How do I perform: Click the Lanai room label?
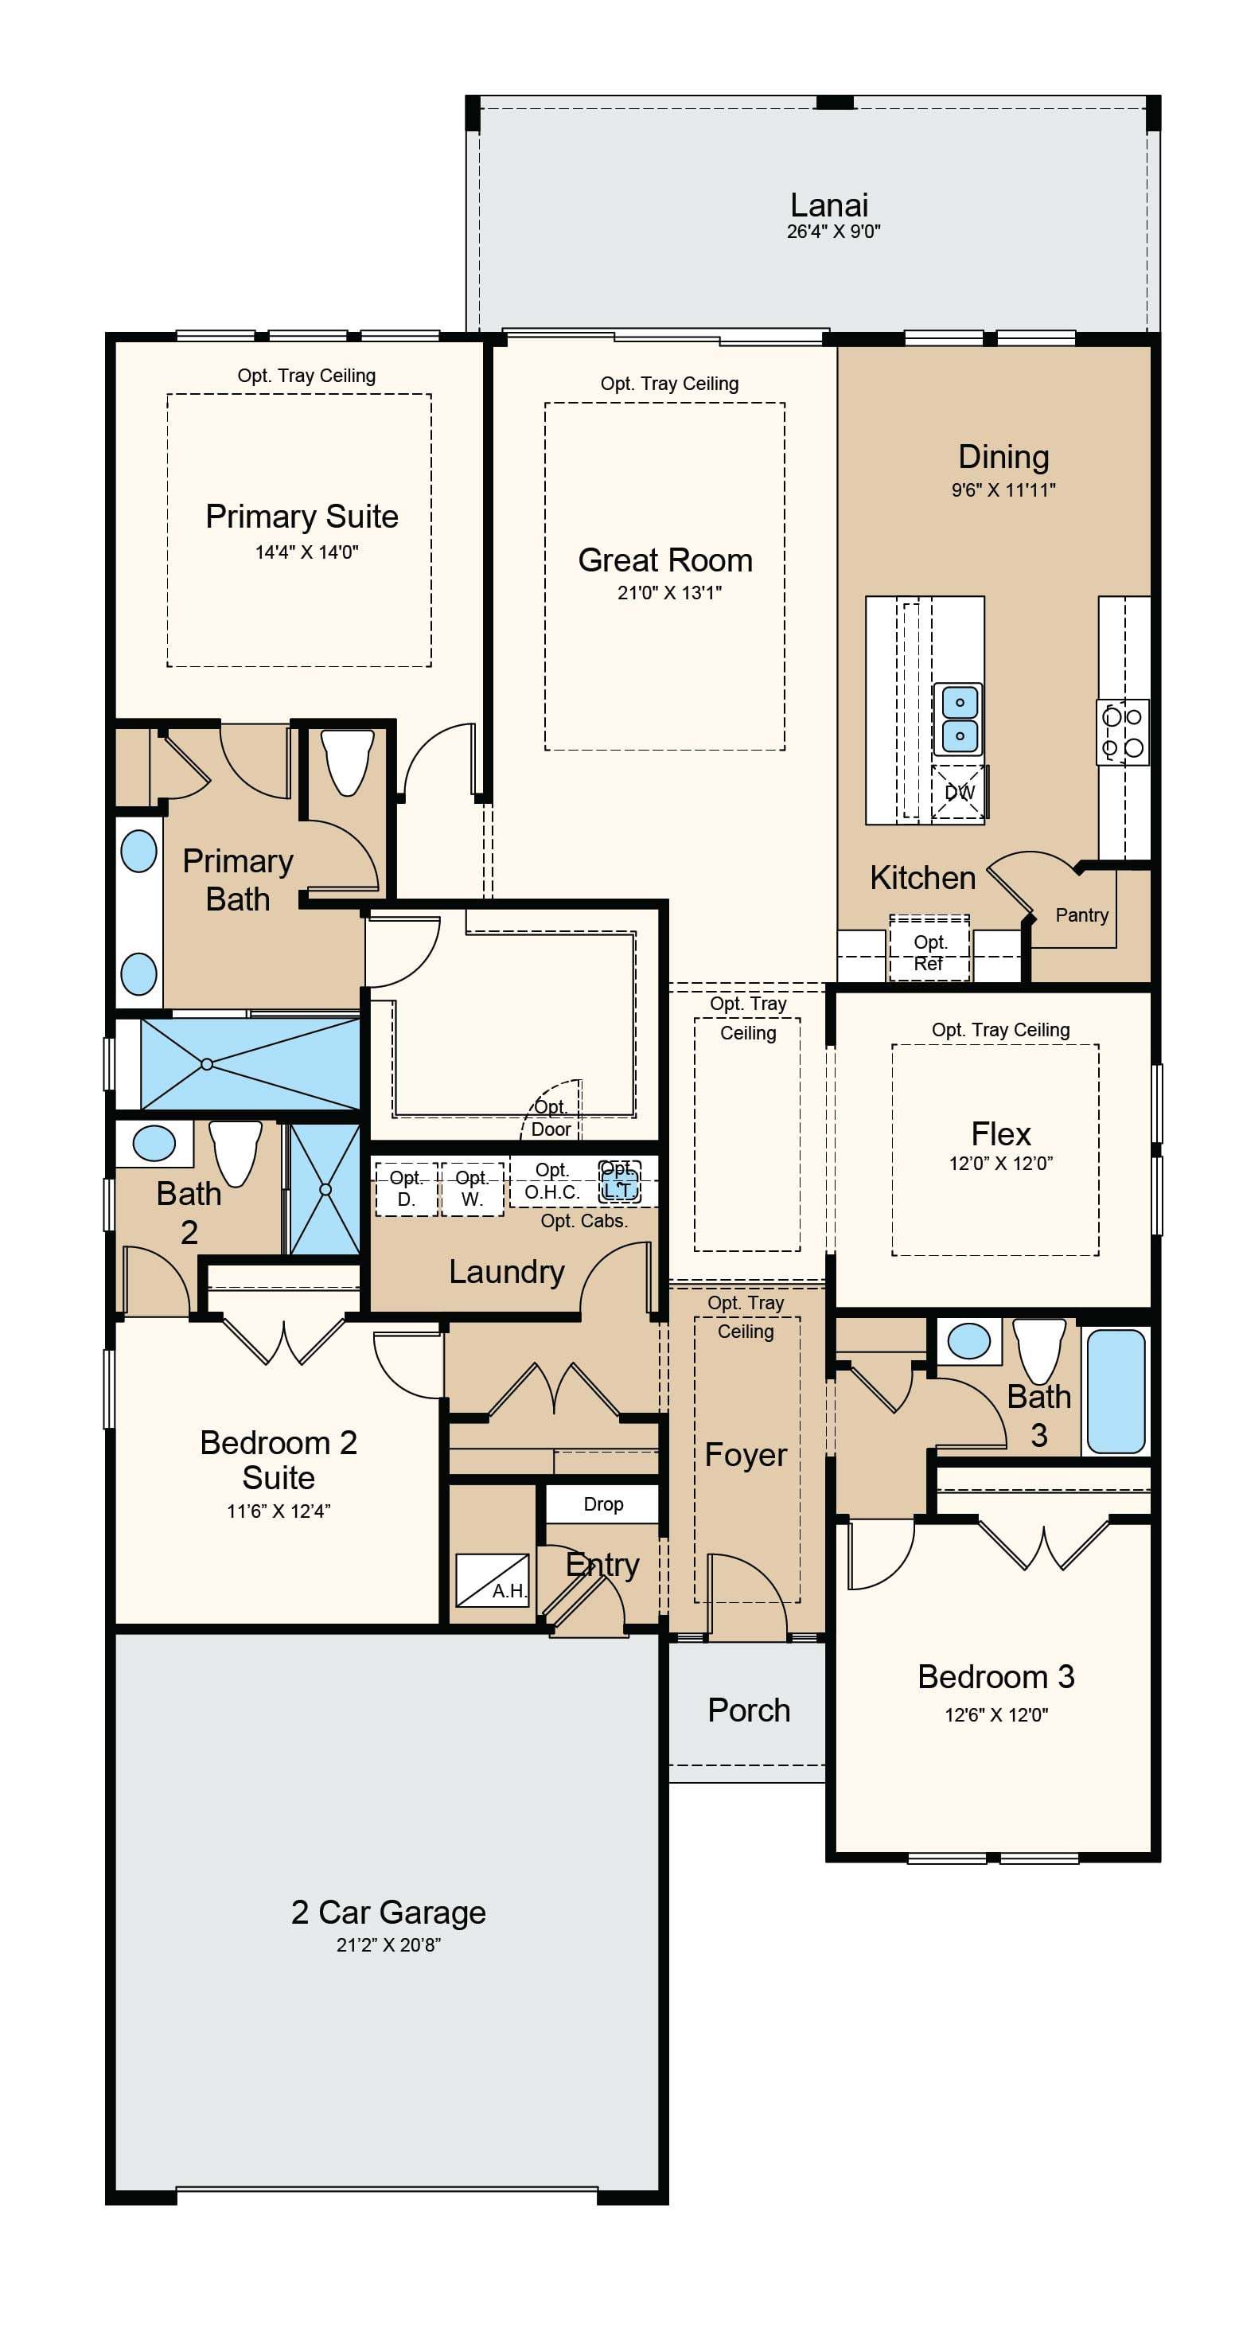point(829,205)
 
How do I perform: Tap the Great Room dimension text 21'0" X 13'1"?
point(669,593)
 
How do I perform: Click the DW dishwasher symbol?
point(960,793)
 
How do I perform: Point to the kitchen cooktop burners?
point(1123,731)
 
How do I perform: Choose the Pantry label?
point(1081,915)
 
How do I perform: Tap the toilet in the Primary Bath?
point(349,762)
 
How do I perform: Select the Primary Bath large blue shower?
point(251,1063)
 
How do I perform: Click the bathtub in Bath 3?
point(1116,1391)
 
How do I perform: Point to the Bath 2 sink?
point(154,1144)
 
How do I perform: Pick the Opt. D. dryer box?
point(406,1189)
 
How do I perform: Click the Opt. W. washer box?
point(472,1189)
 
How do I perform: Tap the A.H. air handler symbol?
point(492,1581)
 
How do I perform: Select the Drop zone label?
point(603,1504)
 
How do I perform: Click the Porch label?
point(749,1710)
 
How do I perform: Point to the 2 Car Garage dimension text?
point(388,1944)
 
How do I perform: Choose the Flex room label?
point(1000,1133)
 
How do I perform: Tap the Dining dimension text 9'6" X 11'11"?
point(1003,489)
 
